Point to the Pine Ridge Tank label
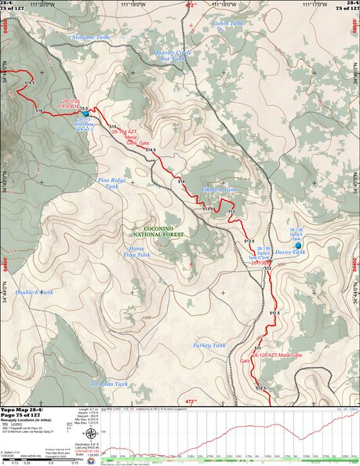point(111,183)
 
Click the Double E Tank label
point(35,292)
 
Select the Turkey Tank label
point(209,344)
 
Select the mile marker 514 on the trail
point(181,182)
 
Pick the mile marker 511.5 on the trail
point(275,313)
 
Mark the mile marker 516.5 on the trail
point(30,83)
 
